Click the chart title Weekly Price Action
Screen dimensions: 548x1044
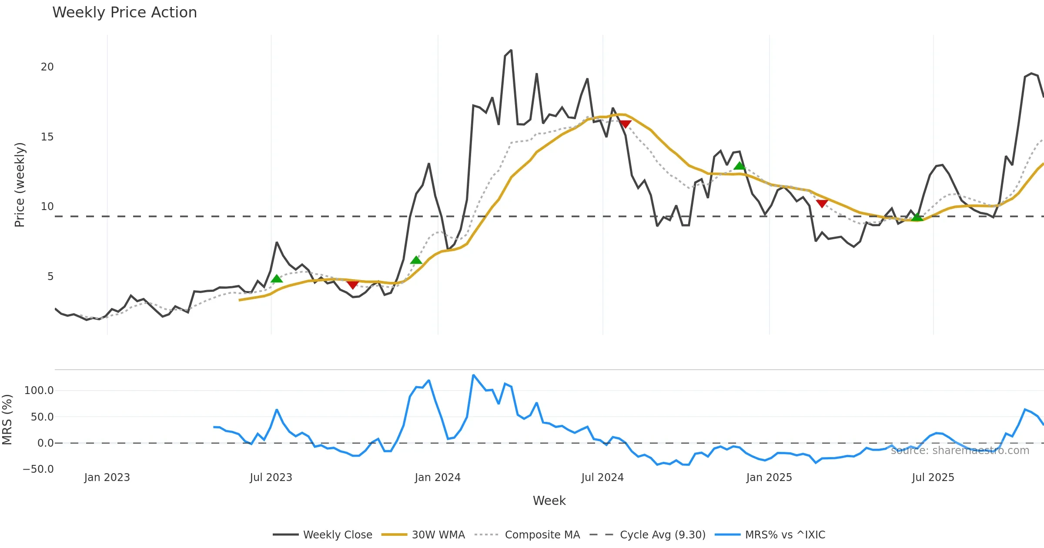124,12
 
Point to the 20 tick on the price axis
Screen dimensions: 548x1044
47,67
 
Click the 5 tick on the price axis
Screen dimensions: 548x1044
50,277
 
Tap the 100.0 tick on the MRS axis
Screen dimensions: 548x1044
39,391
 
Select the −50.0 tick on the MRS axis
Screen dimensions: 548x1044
38,469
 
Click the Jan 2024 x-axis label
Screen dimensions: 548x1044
438,478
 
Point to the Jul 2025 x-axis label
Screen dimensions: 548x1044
933,478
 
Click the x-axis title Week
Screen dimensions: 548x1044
549,501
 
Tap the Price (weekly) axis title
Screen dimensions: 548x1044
20,185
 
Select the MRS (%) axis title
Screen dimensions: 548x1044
7,420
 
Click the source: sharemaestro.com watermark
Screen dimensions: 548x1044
960,451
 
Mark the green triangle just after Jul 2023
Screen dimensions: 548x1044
277,278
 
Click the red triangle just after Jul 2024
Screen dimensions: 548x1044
625,124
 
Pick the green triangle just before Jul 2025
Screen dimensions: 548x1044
917,217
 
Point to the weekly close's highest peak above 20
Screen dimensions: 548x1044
511,50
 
